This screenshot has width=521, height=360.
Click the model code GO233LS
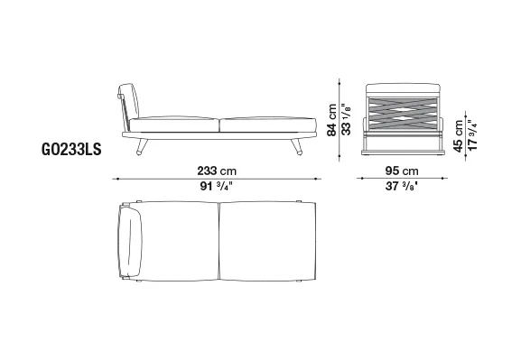71,149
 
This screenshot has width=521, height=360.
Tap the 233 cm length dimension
217,171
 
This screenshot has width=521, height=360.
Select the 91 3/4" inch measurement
216,186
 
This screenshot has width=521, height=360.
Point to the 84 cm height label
331,120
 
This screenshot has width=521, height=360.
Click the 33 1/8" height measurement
346,120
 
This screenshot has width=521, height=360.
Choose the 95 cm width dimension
402,171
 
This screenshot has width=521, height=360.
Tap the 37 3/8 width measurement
402,186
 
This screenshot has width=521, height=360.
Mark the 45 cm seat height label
458,136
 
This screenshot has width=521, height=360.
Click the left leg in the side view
142,146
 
